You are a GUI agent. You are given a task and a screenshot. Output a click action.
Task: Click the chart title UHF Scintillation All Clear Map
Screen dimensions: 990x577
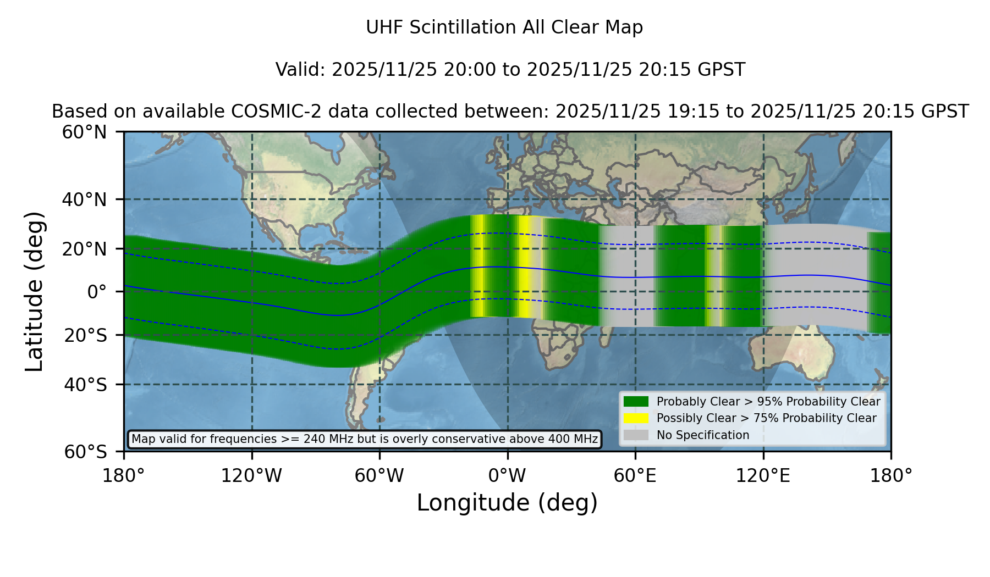coord(504,27)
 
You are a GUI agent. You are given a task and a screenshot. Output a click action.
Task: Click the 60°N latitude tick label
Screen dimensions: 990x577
coord(84,132)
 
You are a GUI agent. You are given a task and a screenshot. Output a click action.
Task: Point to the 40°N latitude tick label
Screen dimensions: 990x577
coord(84,199)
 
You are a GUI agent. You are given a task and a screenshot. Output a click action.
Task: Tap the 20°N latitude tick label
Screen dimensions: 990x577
coord(84,249)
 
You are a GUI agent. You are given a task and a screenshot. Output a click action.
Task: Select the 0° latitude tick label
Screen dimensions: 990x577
coord(97,292)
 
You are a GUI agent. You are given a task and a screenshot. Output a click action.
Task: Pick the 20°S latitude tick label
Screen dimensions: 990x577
coord(85,335)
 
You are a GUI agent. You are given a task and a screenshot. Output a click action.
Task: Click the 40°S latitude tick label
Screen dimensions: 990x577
coord(85,385)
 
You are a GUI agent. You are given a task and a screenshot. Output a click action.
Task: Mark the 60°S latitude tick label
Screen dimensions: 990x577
coord(85,452)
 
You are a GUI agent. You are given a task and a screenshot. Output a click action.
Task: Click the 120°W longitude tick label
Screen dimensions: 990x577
coord(251,476)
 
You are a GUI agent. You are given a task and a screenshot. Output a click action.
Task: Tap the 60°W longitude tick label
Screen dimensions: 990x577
coord(380,476)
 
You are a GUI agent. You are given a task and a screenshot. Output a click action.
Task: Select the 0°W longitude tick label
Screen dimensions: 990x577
coord(507,476)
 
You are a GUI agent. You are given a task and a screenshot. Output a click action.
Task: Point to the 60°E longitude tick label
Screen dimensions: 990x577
coord(635,476)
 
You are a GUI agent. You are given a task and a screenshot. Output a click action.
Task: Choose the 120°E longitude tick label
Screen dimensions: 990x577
coord(763,476)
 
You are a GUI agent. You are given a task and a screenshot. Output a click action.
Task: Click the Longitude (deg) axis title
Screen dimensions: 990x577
coord(507,503)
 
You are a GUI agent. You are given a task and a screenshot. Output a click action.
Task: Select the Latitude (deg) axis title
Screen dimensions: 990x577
coord(34,291)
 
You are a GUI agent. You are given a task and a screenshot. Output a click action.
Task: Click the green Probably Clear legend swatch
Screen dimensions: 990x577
coord(636,402)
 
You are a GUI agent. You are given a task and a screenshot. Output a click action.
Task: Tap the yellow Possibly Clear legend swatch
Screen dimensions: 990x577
coord(636,418)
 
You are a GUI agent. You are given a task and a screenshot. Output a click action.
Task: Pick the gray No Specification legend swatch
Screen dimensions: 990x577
coord(636,435)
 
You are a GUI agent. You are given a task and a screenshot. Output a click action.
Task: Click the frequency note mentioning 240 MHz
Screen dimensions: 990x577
coord(365,439)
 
